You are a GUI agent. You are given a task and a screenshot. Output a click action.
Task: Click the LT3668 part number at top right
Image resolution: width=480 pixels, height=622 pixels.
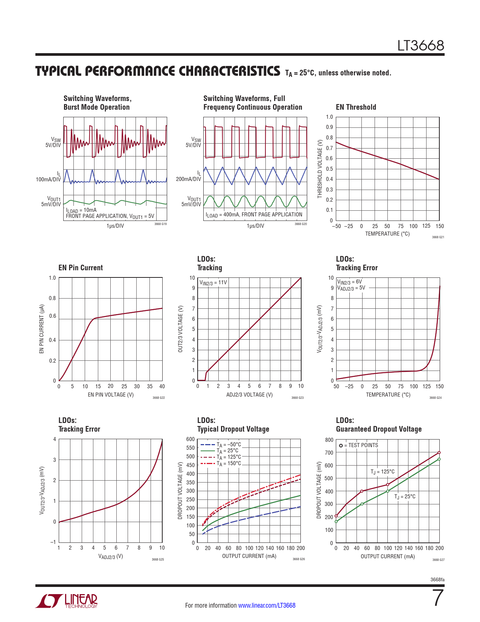pos(421,46)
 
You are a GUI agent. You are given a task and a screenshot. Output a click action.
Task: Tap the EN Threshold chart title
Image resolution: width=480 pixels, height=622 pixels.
pos(356,107)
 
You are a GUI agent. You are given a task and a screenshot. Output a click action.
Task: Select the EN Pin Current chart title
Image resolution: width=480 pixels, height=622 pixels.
pos(81,268)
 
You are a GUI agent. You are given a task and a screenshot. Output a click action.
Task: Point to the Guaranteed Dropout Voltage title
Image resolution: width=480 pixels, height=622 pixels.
pos(379,429)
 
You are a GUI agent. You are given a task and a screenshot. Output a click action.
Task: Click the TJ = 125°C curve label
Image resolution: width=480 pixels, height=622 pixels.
pos(382,472)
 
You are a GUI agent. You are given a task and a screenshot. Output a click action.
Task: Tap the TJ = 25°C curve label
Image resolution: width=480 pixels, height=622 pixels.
pos(405,496)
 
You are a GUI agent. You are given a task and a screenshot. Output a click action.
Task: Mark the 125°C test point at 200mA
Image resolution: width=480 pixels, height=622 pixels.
pos(439,452)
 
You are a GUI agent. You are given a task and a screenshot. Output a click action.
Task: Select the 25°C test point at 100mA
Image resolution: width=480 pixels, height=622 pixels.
pos(387,491)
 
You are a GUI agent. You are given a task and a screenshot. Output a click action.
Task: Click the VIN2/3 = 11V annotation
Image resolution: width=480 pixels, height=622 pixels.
pos(213,282)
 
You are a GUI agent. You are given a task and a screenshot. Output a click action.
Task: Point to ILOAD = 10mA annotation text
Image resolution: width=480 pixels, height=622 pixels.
pos(81,210)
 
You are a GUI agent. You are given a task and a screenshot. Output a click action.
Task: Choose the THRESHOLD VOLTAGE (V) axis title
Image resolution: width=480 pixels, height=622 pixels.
pos(320,169)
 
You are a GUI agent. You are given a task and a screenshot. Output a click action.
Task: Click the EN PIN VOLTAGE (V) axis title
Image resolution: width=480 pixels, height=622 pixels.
pos(111,395)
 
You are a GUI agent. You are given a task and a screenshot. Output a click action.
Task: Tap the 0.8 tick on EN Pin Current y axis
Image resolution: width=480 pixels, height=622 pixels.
pos(52,298)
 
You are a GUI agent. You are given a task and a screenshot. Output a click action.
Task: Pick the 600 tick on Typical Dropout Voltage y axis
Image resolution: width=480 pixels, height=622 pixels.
pos(190,439)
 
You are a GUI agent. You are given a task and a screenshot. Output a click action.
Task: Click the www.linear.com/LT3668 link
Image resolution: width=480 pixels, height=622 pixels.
pos(267,605)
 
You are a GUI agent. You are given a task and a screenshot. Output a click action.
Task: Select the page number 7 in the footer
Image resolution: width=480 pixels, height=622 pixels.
pos(438,598)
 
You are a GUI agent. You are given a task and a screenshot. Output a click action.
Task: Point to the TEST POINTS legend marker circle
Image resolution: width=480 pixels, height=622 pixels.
pos(341,446)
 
